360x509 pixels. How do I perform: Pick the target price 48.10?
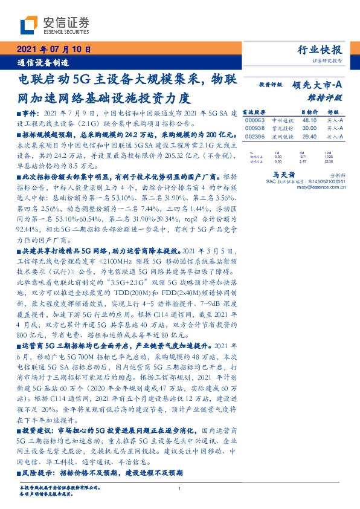coord(309,120)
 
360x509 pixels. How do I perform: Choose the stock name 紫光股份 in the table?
coord(278,128)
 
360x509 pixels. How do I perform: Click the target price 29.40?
coord(309,137)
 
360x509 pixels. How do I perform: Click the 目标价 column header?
coord(307,112)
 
